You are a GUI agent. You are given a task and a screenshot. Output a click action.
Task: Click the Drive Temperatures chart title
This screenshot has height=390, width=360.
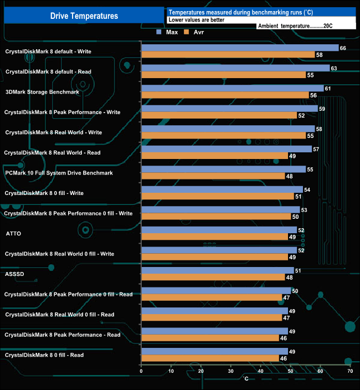coord(84,16)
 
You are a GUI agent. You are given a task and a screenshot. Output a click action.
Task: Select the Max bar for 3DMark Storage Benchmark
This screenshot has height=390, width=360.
coord(233,89)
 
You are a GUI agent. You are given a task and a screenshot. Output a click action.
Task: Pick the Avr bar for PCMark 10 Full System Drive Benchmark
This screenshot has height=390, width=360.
coord(213,176)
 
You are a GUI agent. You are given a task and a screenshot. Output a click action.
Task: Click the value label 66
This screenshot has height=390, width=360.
coord(343,48)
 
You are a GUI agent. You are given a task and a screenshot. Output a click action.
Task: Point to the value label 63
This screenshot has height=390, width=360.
coord(334,68)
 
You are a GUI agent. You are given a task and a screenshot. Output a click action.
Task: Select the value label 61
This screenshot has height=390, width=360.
coord(328,89)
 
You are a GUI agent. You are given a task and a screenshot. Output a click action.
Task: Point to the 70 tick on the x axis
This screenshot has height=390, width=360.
coord(350,371)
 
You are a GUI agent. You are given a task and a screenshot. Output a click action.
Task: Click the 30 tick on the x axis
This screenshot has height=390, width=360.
coord(231,371)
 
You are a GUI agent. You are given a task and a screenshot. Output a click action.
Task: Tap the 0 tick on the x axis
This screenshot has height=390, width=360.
coord(142,371)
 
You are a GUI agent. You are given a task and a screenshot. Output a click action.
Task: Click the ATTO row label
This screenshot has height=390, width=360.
coord(13,234)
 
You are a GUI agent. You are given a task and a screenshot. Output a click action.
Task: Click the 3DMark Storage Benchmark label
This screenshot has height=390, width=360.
coord(42,92)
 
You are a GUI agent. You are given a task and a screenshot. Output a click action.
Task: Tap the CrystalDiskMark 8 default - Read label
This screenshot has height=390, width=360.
coord(48,72)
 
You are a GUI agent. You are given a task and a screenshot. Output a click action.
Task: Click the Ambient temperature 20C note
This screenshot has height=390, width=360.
coord(295,26)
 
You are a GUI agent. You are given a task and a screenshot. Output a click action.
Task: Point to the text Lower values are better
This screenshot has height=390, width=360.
coord(196,19)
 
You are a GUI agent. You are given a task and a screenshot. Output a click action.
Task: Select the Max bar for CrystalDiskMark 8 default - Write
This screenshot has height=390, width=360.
coord(240,48)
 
